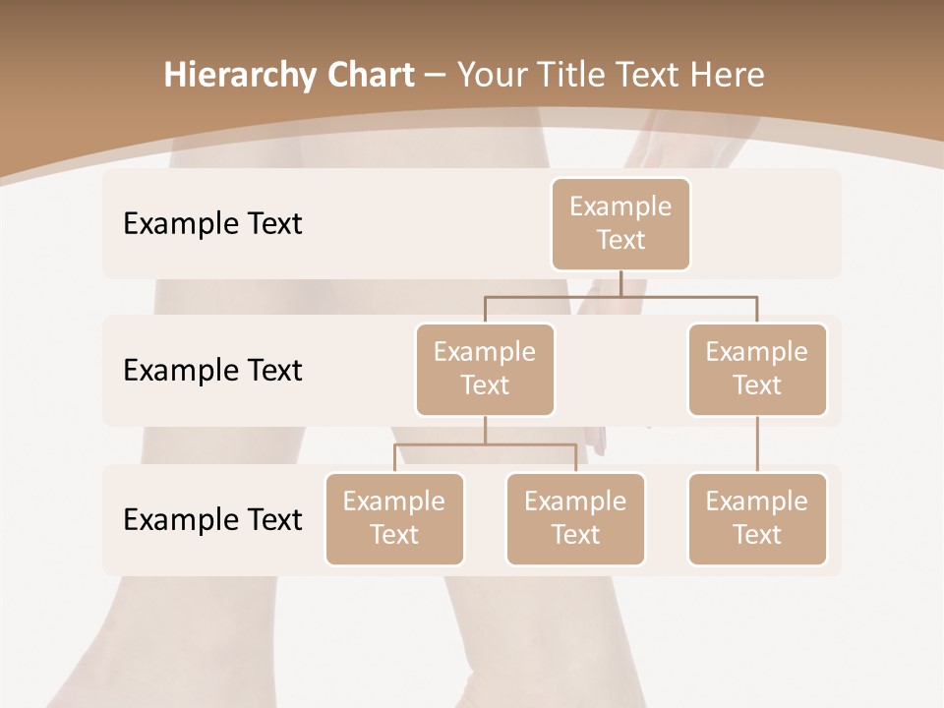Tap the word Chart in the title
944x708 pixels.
click(367, 76)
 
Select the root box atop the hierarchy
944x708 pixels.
click(620, 223)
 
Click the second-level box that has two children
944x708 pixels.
click(485, 369)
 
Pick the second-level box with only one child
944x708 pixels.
click(757, 369)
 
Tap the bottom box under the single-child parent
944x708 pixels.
click(757, 518)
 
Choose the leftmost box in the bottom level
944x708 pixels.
click(394, 518)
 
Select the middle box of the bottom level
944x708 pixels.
click(575, 518)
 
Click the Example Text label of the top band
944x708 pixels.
click(212, 223)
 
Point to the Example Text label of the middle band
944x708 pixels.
click(212, 370)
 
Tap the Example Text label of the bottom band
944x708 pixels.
click(212, 519)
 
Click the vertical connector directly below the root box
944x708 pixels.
click(620, 283)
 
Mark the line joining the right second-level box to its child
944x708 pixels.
click(757, 444)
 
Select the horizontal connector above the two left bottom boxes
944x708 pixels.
click(485, 444)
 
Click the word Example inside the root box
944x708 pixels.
click(620, 206)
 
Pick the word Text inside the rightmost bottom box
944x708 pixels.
click(757, 535)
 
